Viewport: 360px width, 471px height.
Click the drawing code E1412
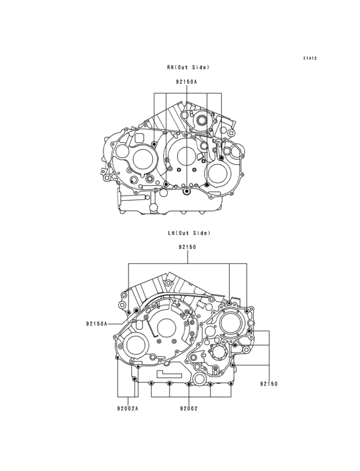tap(310, 59)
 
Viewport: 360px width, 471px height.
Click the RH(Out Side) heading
tap(188, 67)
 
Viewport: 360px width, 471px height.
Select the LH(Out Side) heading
tap(188, 233)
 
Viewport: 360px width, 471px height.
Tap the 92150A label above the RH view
tap(186, 82)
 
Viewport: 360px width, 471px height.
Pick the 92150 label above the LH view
tap(188, 247)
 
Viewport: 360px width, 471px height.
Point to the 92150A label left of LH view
tap(96, 324)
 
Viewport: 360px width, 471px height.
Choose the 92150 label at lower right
tap(269, 383)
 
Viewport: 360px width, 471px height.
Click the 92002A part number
tap(128, 408)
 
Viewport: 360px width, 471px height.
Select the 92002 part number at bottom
tap(188, 408)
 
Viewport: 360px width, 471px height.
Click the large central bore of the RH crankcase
tap(185, 156)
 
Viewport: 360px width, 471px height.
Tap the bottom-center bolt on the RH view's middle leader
tap(186, 192)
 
